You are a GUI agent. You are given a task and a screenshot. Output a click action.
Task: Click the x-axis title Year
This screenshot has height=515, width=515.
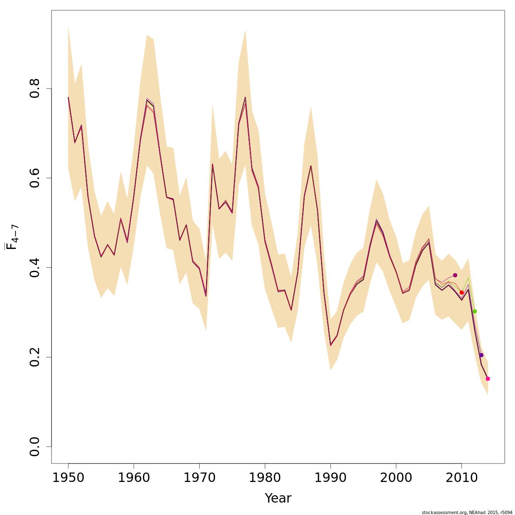click(278, 499)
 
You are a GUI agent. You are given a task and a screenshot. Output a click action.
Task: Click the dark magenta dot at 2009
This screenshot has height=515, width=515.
click(455, 275)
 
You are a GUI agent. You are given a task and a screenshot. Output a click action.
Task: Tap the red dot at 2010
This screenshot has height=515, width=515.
click(462, 292)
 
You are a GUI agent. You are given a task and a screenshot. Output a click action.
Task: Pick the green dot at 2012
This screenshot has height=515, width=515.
click(475, 311)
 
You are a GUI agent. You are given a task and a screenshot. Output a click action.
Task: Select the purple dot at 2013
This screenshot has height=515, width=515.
click(481, 355)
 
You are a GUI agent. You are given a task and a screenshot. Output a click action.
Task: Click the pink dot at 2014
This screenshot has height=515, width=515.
click(488, 379)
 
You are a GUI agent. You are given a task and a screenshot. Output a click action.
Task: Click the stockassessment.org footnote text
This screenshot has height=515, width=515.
click(467, 512)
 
